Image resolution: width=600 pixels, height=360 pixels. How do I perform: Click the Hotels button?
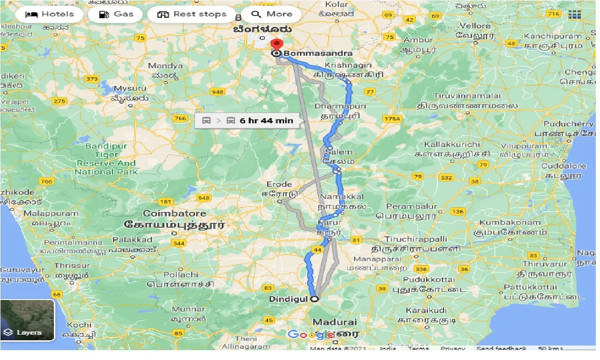tap(49, 14)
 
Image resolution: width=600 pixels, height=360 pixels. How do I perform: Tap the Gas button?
tap(117, 14)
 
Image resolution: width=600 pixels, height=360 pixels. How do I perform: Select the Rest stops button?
tap(192, 14)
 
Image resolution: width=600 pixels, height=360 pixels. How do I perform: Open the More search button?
tap(272, 14)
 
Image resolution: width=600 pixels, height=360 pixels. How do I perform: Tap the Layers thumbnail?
tap(28, 320)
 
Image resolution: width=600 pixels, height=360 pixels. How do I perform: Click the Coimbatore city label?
tap(174, 214)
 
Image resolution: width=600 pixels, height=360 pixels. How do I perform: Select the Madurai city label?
tap(335, 322)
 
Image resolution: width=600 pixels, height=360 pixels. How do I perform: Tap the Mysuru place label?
tap(130, 88)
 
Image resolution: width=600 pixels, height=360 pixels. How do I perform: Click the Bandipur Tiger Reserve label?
tap(106, 159)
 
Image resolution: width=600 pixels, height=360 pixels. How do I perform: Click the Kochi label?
tap(79, 324)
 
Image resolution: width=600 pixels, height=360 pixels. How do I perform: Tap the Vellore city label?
tap(475, 26)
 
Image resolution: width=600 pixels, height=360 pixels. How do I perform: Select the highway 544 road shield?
tap(179, 243)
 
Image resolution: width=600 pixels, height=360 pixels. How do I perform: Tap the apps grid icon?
tap(574, 15)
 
